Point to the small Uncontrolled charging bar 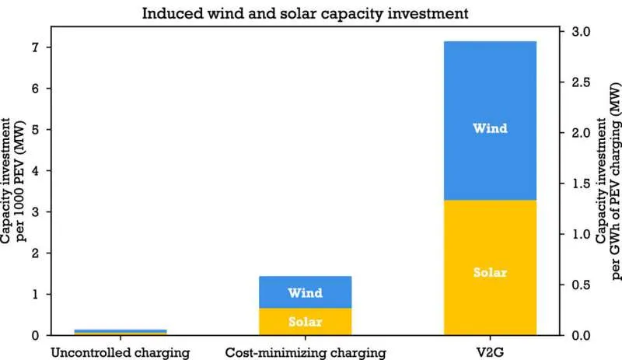(120, 332)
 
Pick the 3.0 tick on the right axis (581, 32)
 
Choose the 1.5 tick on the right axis (581, 183)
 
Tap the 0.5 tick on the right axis (581, 285)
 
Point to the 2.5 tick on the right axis (581, 82)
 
